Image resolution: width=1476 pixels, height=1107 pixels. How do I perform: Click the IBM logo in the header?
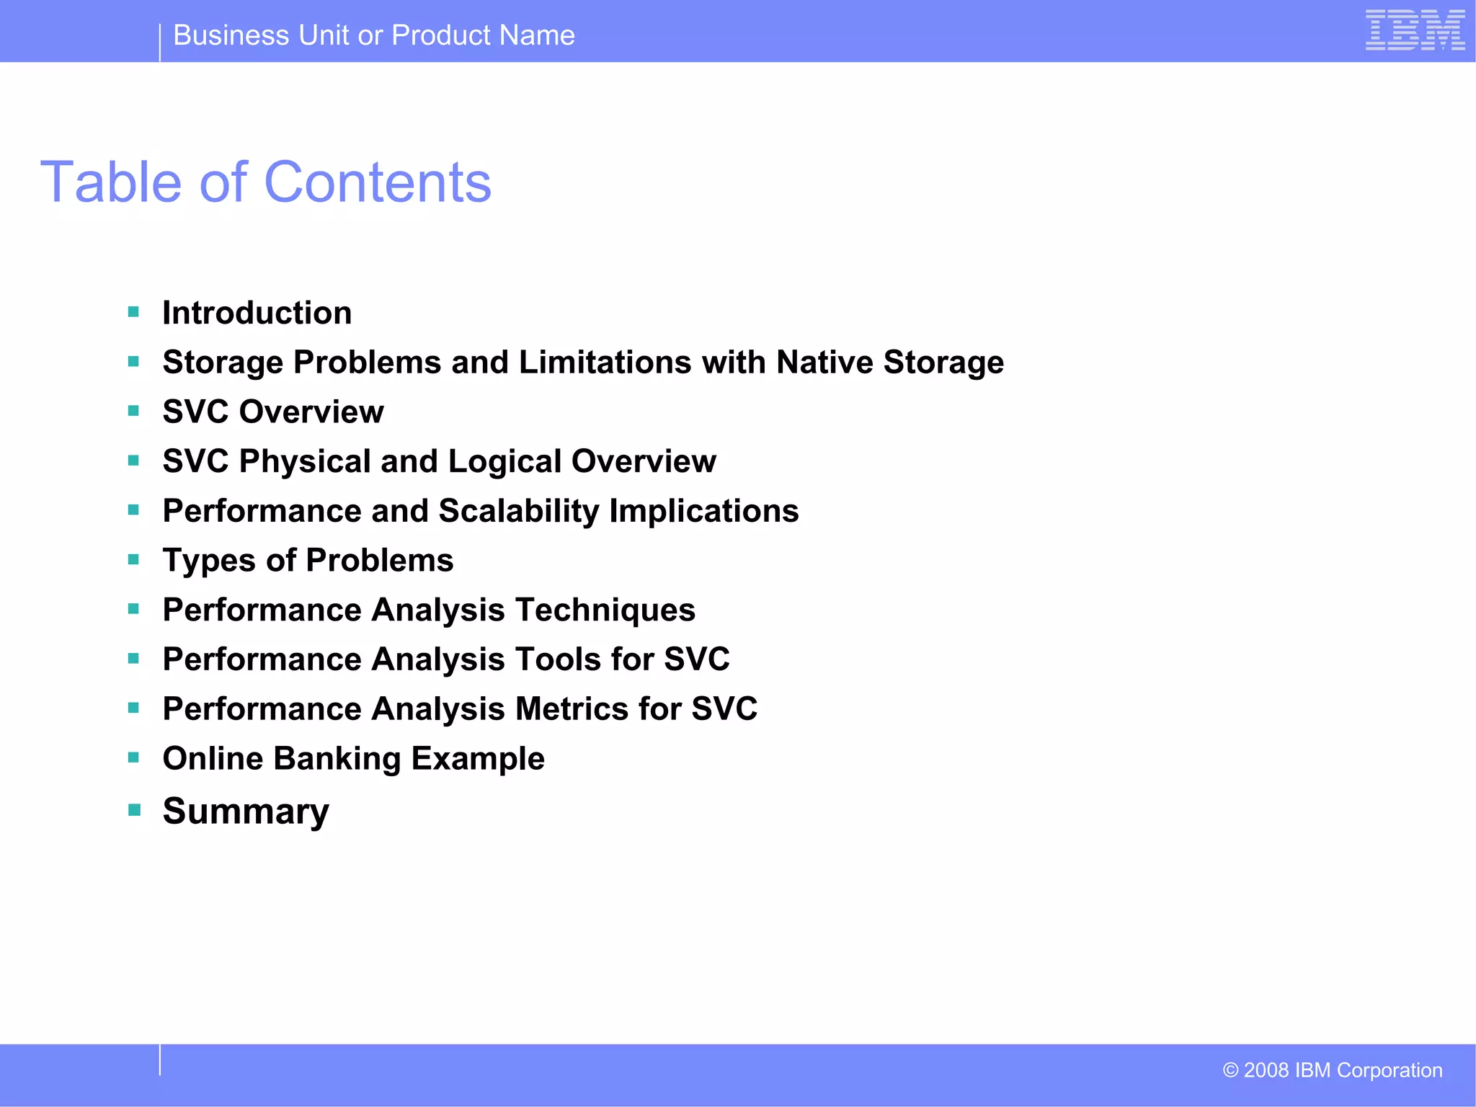[1415, 31]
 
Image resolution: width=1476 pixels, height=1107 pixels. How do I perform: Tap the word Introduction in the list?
[257, 313]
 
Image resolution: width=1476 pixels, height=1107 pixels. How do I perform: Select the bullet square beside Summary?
[133, 810]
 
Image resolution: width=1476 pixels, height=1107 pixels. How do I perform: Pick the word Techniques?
[605, 610]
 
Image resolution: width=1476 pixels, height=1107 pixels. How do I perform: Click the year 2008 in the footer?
[1266, 1070]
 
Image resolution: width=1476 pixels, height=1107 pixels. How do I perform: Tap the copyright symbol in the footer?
[1230, 1070]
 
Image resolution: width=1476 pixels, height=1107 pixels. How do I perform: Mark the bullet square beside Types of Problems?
[133, 559]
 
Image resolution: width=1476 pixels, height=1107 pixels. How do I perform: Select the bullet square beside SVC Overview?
[133, 411]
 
